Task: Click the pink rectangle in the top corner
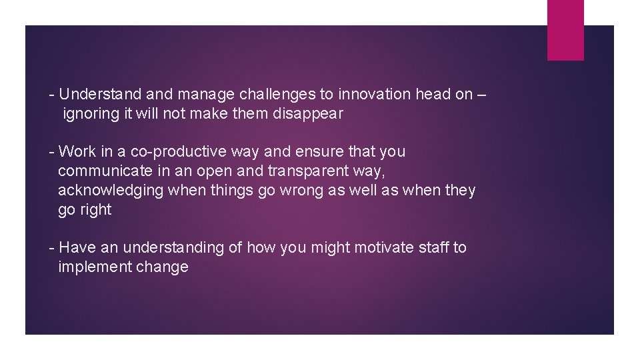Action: coord(565,30)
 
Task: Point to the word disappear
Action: coord(308,113)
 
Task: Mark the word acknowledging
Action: coord(111,191)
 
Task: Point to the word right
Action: coord(95,210)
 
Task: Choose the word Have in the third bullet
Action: coord(78,248)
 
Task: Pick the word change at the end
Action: coord(162,267)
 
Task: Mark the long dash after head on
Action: coord(482,95)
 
